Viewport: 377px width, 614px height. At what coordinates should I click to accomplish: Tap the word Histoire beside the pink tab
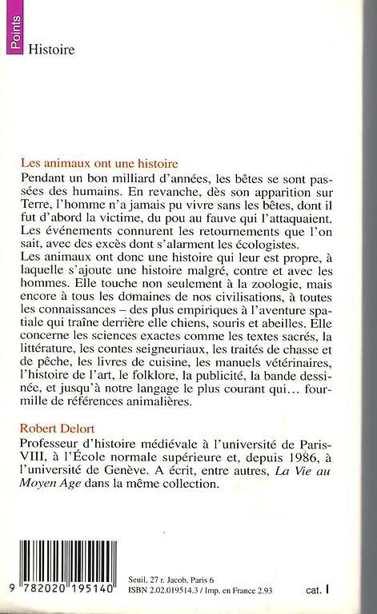pos(51,49)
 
